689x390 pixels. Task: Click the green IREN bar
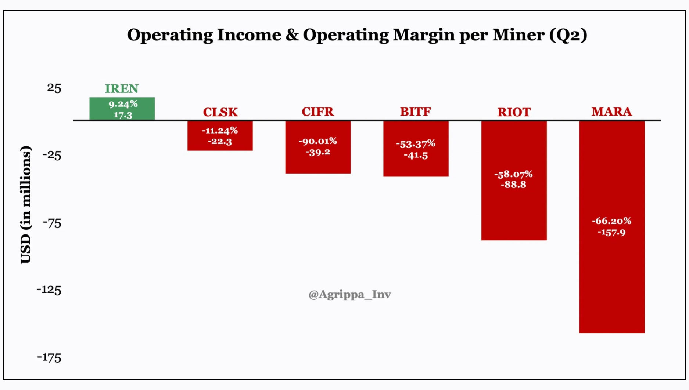pyautogui.click(x=122, y=109)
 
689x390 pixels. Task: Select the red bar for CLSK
pyautogui.click(x=220, y=136)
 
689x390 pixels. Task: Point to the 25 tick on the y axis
pyautogui.click(x=54, y=88)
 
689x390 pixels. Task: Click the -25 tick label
pyautogui.click(x=52, y=155)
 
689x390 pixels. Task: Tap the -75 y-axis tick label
pyautogui.click(x=52, y=223)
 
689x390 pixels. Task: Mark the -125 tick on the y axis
pyautogui.click(x=49, y=290)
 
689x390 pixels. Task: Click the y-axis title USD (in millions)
pyautogui.click(x=26, y=205)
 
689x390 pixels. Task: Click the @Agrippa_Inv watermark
pyautogui.click(x=349, y=294)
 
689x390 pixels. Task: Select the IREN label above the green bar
pyautogui.click(x=122, y=88)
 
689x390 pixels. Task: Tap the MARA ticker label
pyautogui.click(x=611, y=112)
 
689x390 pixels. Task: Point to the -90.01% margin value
pyautogui.click(x=318, y=141)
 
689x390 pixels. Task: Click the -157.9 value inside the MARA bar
pyautogui.click(x=611, y=232)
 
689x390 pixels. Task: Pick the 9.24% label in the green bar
pyautogui.click(x=123, y=104)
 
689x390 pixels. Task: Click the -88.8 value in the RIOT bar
pyautogui.click(x=513, y=185)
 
